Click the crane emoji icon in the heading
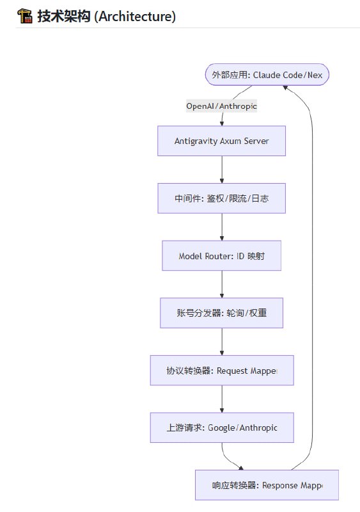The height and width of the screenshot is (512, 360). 25,17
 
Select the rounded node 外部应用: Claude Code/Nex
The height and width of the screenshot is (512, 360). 267,75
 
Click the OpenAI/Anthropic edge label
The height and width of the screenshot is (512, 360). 221,106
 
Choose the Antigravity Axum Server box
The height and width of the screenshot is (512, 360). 221,141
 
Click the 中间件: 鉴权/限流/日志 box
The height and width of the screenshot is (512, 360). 221,198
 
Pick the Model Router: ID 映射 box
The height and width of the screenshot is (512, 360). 221,256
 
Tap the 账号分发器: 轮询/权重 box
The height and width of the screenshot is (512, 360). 221,313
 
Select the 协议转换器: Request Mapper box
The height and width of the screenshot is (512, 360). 221,371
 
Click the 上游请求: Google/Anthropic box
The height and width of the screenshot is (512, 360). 221,428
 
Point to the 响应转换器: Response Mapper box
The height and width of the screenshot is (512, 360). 267,485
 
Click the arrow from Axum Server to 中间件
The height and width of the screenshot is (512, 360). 222,170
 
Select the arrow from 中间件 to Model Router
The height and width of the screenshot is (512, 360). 222,227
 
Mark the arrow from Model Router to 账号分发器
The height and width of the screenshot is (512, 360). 222,284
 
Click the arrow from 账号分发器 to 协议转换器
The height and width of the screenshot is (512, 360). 222,342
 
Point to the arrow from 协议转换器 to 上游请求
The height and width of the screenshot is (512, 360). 222,399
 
